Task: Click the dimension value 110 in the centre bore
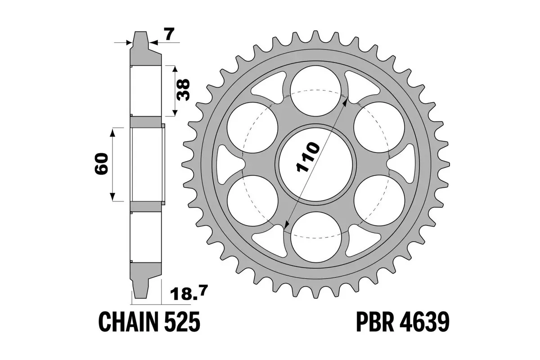point(308,158)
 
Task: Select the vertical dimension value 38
point(184,90)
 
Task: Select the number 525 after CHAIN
point(180,323)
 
